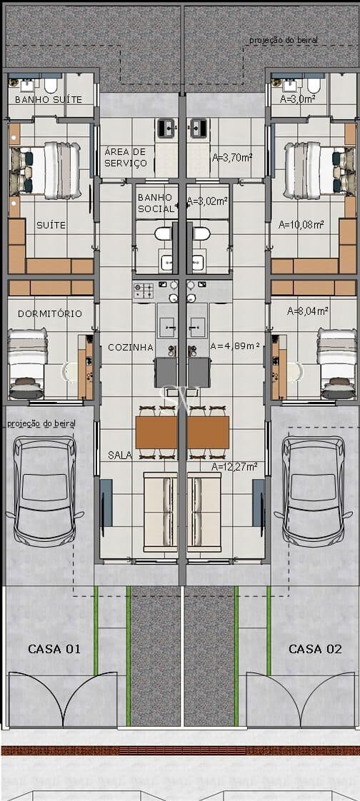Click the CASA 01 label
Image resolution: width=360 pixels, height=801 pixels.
point(54,649)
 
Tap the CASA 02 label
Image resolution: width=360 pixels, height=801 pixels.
point(315,649)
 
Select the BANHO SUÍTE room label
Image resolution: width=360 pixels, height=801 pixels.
point(49,100)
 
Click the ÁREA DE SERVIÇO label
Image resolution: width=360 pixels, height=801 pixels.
point(126,157)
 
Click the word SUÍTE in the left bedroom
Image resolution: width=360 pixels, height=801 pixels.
point(51,225)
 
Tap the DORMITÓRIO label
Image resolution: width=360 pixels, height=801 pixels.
point(50,313)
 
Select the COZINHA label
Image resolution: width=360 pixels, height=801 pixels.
point(131,348)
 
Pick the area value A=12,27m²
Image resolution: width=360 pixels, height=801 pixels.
point(234,466)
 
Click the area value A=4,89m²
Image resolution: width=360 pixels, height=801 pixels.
point(235,346)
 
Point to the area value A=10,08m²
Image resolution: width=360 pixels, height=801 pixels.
point(301,224)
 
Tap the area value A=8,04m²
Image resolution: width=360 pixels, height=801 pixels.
point(308,311)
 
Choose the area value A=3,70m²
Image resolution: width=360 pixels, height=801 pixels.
point(232,158)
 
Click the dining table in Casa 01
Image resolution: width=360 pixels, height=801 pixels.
point(156,432)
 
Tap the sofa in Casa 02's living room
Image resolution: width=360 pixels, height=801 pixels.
point(204,512)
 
